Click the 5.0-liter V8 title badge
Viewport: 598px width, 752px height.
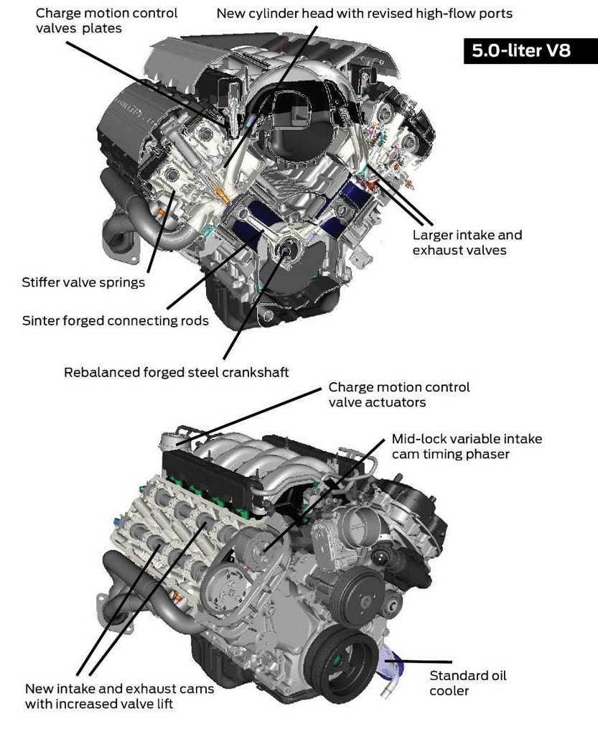[x=520, y=51]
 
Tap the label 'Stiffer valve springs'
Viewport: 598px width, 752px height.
[x=83, y=282]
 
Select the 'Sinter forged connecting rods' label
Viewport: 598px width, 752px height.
[x=116, y=320]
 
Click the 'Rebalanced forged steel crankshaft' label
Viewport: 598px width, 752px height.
[x=176, y=372]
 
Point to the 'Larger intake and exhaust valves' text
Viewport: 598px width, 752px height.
[x=467, y=243]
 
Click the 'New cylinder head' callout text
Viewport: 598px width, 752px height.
[x=364, y=14]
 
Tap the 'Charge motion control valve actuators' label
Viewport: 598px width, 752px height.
[x=399, y=394]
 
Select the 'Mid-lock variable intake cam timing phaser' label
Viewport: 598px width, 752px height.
[x=467, y=446]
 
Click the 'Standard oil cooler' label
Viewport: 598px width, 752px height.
[x=467, y=683]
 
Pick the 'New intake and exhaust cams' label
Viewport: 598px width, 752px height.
[x=119, y=696]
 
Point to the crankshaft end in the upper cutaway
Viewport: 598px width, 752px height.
[x=289, y=249]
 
